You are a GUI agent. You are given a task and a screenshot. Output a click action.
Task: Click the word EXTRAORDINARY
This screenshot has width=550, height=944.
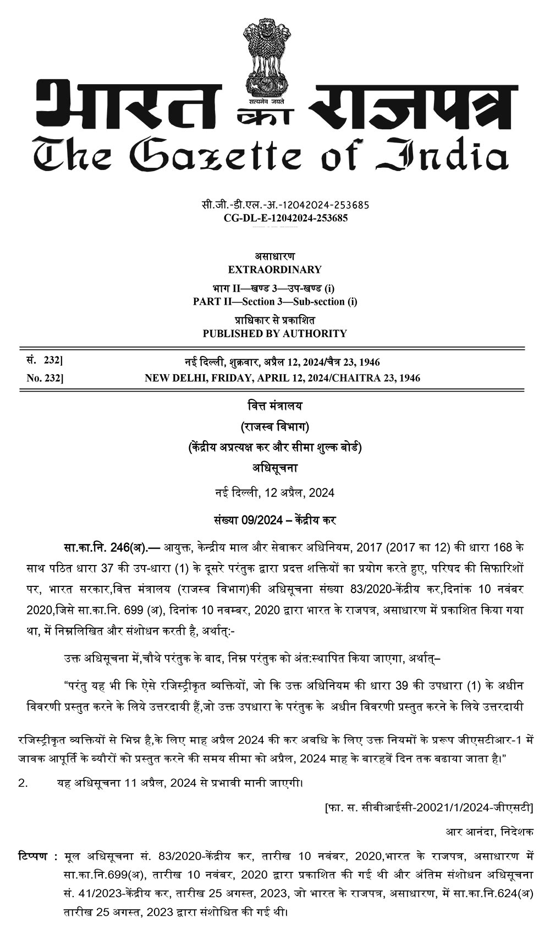pos(274,270)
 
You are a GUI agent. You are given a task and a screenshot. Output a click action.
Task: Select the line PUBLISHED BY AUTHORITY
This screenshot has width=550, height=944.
pos(274,333)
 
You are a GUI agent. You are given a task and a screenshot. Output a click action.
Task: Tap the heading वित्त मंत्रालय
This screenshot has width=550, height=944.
pos(274,407)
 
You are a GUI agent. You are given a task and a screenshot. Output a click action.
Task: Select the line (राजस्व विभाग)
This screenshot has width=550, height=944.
pos(274,427)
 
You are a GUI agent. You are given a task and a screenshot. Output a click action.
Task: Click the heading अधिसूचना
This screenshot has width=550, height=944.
pos(274,468)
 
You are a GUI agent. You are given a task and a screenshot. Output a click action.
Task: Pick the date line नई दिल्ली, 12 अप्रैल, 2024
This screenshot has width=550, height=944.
pos(274,492)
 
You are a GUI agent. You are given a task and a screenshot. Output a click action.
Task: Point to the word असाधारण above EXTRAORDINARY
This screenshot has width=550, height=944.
pos(274,256)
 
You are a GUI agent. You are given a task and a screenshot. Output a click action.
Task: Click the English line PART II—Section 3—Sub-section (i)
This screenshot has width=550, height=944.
pos(274,301)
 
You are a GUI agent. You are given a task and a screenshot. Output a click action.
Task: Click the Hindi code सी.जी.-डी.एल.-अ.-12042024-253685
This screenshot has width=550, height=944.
pos(285,205)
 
